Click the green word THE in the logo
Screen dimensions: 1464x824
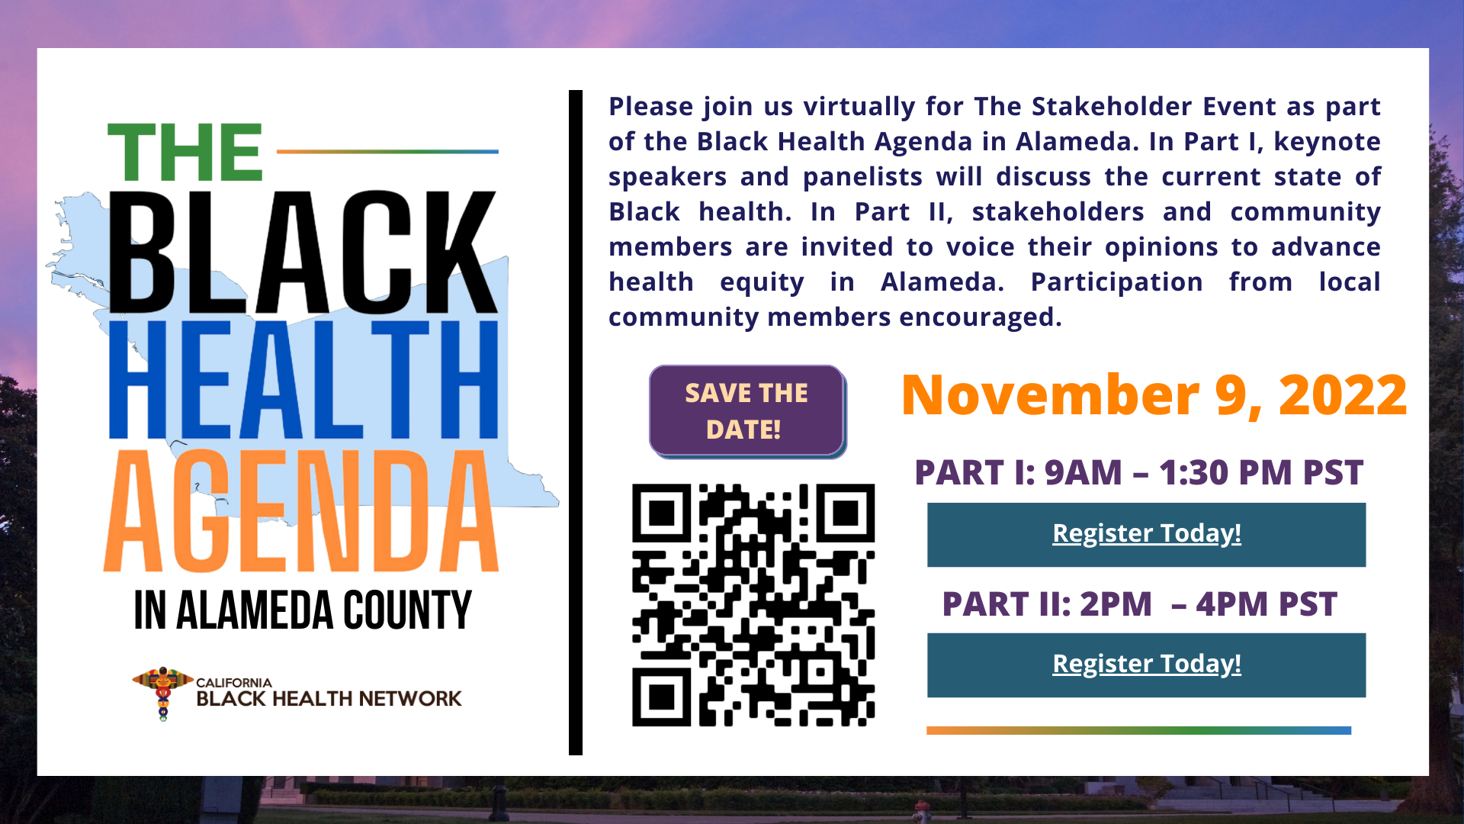(185, 153)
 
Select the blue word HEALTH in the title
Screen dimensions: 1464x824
(304, 379)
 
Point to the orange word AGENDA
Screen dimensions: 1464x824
(302, 510)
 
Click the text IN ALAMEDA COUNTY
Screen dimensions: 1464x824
(303, 610)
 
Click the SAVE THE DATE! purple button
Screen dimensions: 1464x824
(746, 411)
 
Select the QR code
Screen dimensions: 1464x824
(753, 604)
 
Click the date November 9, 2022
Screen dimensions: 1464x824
(1154, 395)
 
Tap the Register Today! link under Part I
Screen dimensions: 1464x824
(1147, 533)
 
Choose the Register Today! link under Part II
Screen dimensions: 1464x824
(1147, 664)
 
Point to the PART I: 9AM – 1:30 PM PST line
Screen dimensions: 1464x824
(1138, 472)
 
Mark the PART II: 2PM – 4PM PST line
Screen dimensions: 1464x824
(1139, 604)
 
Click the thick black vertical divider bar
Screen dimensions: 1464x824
(576, 423)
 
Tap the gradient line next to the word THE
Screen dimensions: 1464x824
(387, 151)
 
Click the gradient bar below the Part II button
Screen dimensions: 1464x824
(1138, 730)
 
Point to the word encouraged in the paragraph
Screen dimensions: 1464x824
(981, 317)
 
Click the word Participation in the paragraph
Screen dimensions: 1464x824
(1116, 282)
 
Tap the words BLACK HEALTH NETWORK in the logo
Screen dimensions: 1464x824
(329, 699)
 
